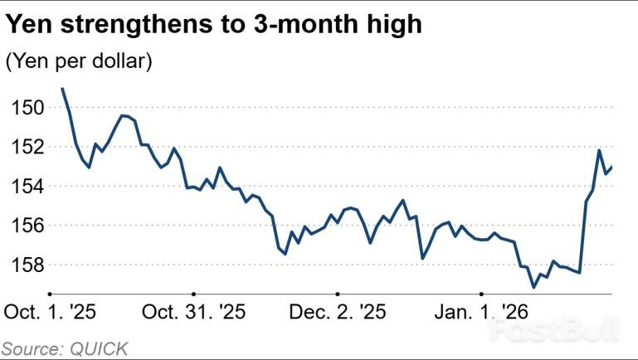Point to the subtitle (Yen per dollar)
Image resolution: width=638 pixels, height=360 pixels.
79,62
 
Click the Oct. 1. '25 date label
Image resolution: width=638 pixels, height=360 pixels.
51,313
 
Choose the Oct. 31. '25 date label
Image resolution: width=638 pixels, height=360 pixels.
194,313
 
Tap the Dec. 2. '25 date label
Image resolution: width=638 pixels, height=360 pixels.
337,313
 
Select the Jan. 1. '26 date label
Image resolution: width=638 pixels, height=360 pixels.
481,313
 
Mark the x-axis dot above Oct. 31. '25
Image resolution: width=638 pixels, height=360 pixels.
194,294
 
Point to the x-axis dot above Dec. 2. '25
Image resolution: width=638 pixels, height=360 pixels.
338,294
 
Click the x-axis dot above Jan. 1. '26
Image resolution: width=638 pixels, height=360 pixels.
481,294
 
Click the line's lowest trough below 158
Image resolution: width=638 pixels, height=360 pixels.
534,287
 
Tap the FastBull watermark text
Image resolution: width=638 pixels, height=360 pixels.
554,332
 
